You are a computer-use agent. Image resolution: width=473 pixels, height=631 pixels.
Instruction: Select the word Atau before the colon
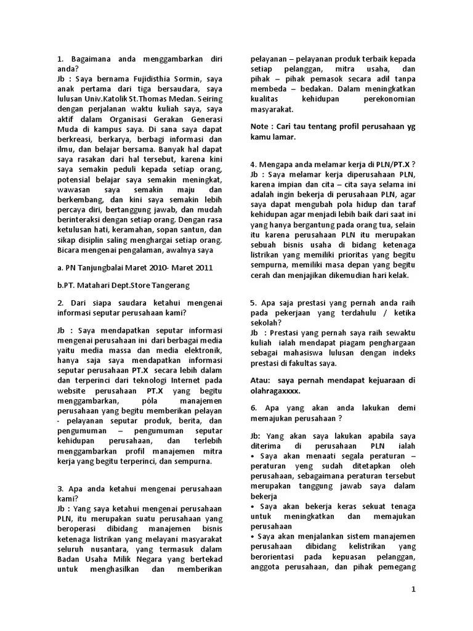click(x=261, y=380)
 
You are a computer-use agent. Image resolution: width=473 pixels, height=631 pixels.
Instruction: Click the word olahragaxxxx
click(x=276, y=390)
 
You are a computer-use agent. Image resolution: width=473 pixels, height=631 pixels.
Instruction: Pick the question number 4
click(x=253, y=165)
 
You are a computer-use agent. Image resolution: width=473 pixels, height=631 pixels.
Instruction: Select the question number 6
click(x=253, y=409)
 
